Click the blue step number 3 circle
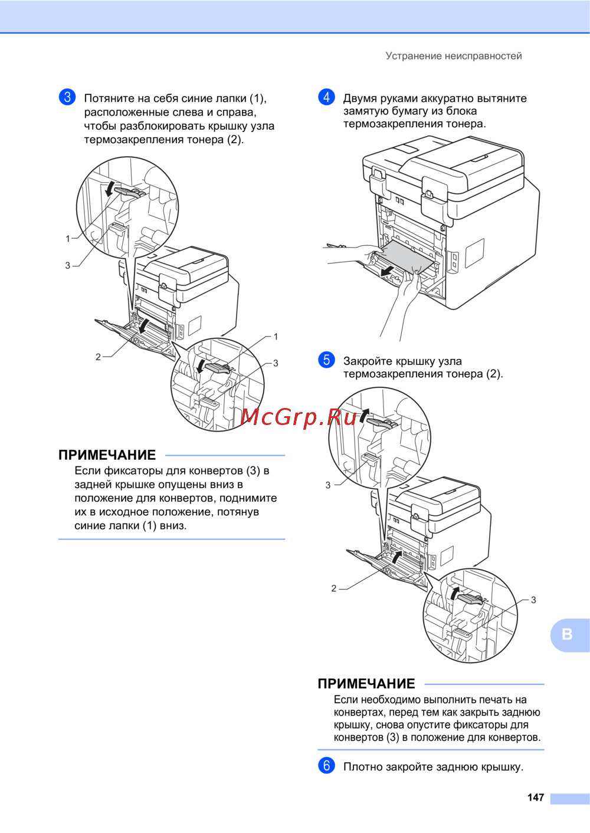click(67, 97)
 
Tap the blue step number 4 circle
click(326, 97)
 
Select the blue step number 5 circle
click(326, 360)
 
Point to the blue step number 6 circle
click(326, 765)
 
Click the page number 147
click(536, 797)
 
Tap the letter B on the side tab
click(567, 634)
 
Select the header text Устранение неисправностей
click(453, 56)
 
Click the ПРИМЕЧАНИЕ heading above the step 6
click(366, 683)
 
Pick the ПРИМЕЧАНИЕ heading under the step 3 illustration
click(107, 455)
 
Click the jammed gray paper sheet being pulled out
click(405, 256)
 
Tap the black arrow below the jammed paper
click(387, 271)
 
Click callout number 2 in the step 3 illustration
click(98, 357)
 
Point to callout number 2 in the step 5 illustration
click(333, 588)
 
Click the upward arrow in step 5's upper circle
click(363, 416)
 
